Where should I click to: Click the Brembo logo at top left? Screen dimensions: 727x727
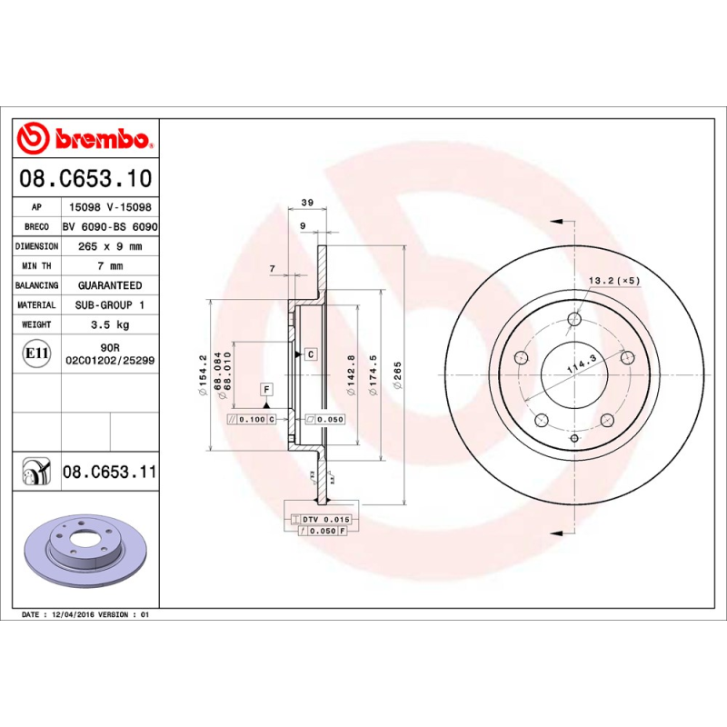[x=84, y=138]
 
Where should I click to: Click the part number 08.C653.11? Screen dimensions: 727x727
[x=110, y=473]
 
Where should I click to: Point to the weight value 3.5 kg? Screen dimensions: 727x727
[x=110, y=324]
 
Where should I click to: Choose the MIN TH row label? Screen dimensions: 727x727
[x=36, y=266]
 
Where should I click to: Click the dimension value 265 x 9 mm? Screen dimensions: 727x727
[x=110, y=246]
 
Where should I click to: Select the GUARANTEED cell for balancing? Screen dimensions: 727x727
[x=110, y=285]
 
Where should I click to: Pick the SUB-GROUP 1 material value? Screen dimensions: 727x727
[x=110, y=305]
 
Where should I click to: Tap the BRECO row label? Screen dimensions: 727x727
[x=36, y=226]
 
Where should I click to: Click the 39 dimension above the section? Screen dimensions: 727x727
[x=307, y=202]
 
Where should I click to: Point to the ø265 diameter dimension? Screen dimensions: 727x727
[x=397, y=375]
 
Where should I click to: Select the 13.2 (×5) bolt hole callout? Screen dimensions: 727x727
[x=614, y=280]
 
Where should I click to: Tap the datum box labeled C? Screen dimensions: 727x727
[x=310, y=353]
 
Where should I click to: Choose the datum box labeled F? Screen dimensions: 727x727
[x=267, y=390]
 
